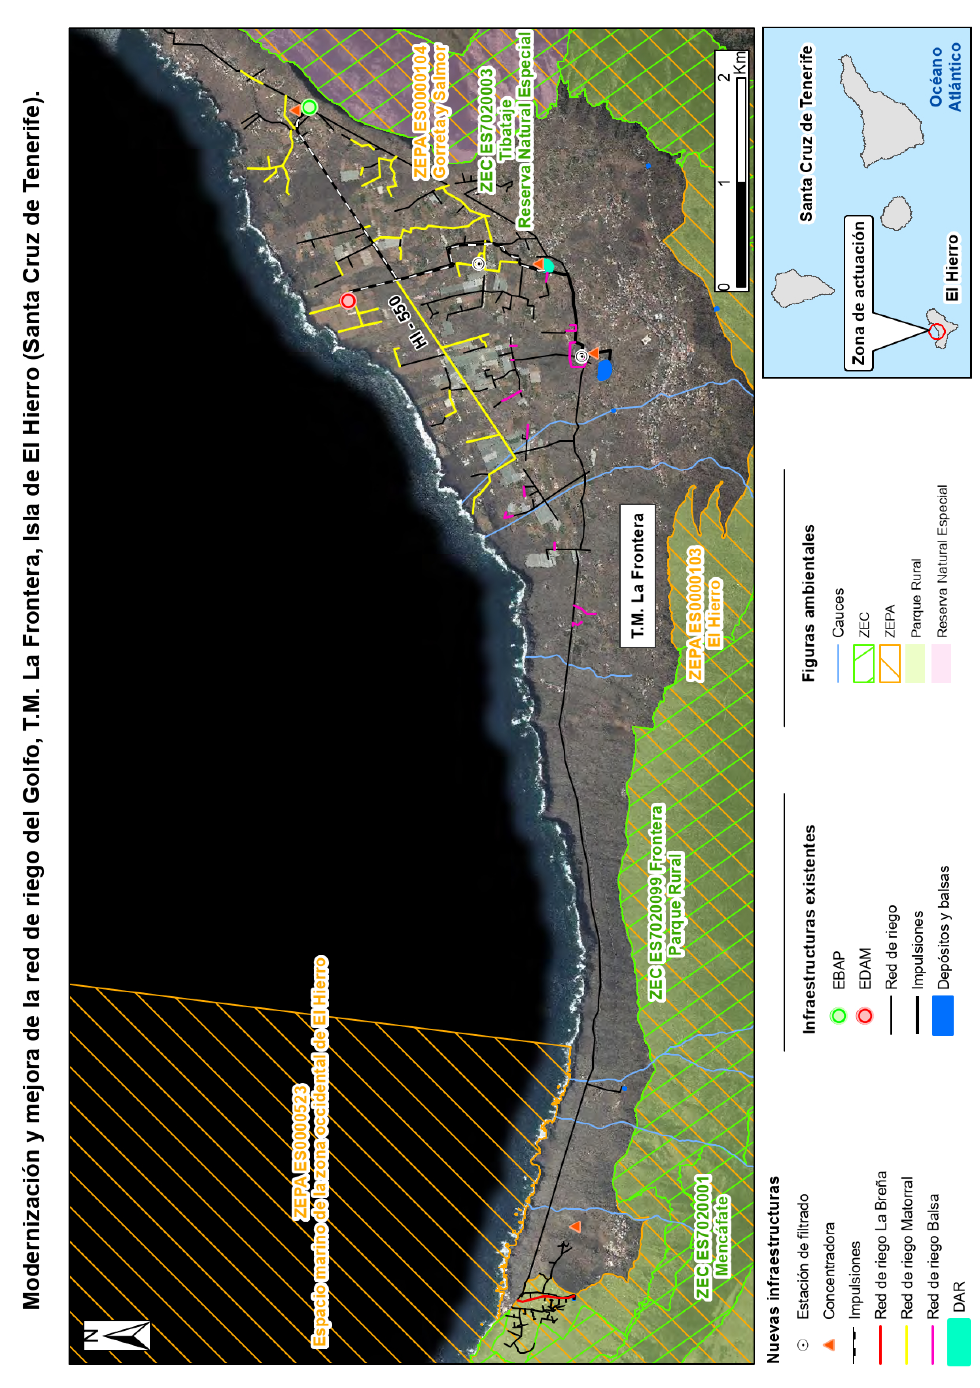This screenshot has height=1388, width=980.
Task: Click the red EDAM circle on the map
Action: (348, 300)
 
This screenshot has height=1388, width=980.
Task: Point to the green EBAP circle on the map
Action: (309, 107)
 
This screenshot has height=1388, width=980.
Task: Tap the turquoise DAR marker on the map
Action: (548, 265)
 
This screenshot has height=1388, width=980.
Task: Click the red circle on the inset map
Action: (936, 331)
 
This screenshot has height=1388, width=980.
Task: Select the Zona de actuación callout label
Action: (859, 292)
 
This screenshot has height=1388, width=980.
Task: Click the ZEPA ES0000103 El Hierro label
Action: (705, 613)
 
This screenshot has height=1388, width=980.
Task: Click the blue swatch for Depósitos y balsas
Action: (942, 1015)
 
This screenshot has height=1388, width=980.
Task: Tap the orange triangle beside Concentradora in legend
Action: (829, 1344)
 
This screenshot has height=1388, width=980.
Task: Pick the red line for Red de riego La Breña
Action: (881, 1344)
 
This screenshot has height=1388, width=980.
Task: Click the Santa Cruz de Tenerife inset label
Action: (806, 133)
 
